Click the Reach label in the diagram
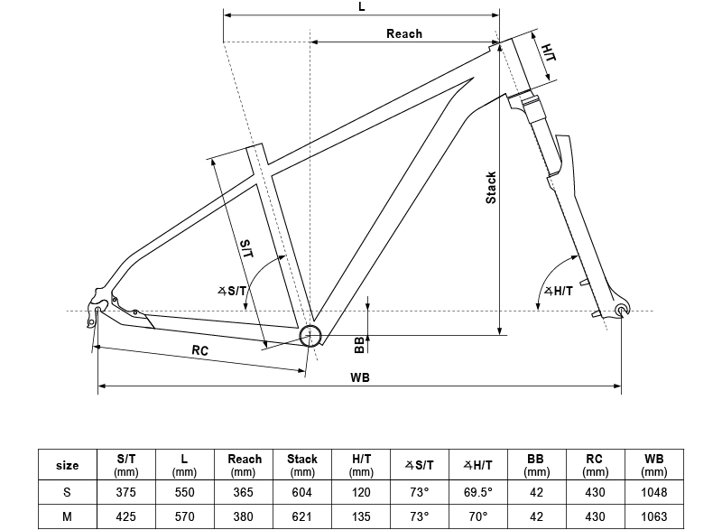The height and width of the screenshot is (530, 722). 403,33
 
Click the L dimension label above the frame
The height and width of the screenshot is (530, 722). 362,6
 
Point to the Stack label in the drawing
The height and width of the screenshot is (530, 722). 491,187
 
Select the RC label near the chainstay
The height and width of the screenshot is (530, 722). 200,350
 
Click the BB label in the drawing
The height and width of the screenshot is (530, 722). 359,343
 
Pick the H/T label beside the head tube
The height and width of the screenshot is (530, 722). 549,51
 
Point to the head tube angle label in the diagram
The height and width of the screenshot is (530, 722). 560,291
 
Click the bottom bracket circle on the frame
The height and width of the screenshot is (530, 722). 310,335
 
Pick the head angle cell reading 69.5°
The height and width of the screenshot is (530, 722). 477,492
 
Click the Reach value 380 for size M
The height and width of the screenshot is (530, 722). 243,516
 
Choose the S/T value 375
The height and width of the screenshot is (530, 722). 125,492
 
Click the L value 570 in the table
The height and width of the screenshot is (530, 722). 184,516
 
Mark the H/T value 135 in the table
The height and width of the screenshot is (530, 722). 360,516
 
